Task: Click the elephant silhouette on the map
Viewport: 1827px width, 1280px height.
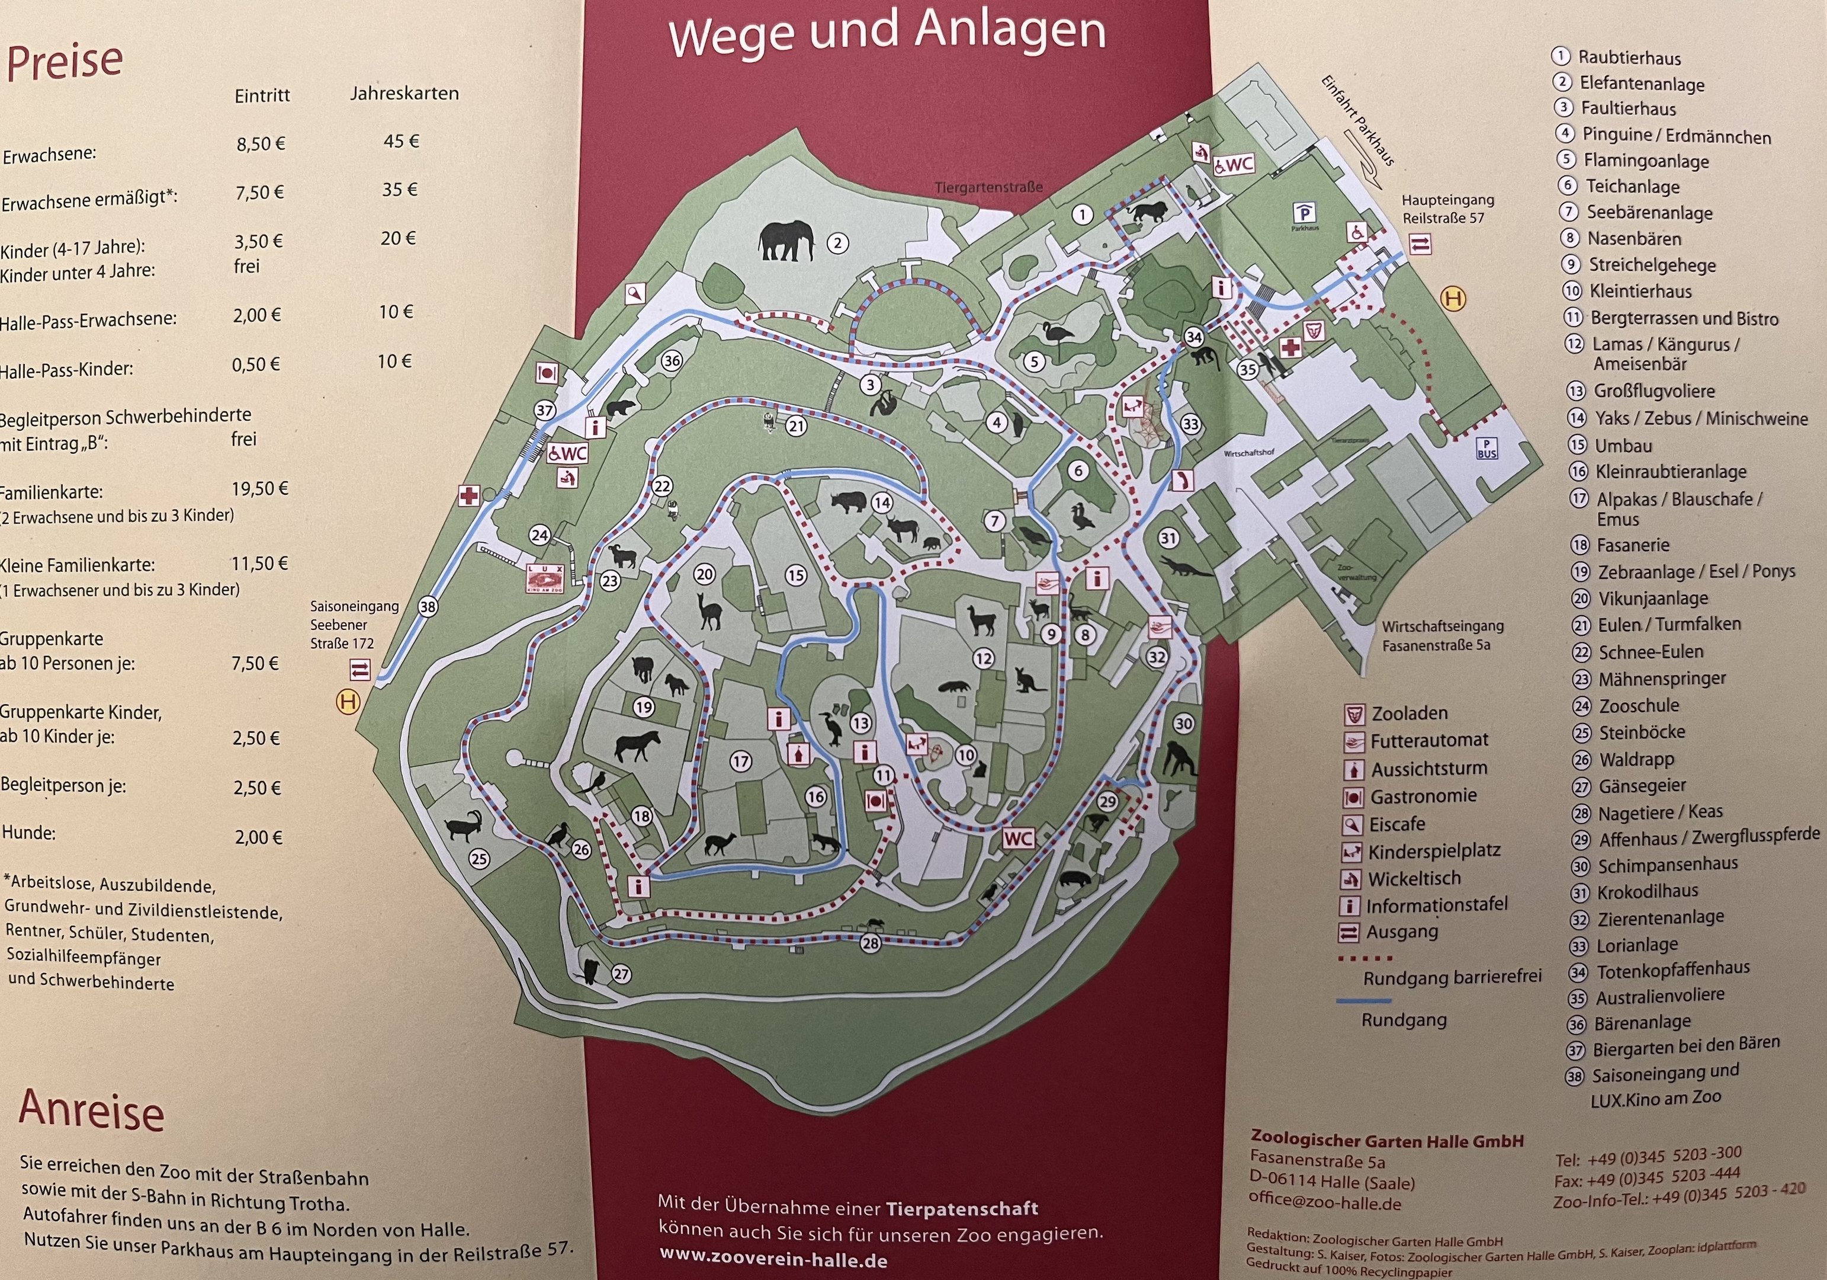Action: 786,241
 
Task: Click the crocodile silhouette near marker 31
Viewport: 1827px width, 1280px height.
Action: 1186,567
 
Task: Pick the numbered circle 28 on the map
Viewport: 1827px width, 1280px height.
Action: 870,943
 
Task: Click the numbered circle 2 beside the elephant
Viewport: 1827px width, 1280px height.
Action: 837,243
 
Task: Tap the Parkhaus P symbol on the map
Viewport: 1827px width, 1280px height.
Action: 1304,213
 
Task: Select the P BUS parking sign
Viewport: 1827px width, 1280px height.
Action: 1486,448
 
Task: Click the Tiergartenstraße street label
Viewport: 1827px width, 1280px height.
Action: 988,188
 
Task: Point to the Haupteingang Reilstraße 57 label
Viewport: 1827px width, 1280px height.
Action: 1447,209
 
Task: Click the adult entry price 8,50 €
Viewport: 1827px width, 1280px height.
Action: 260,144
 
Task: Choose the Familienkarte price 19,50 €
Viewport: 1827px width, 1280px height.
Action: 259,488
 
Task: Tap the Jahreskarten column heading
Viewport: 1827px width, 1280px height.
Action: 404,93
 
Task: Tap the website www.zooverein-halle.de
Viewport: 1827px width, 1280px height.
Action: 773,1260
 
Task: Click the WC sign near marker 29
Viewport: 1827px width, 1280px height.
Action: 1018,838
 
